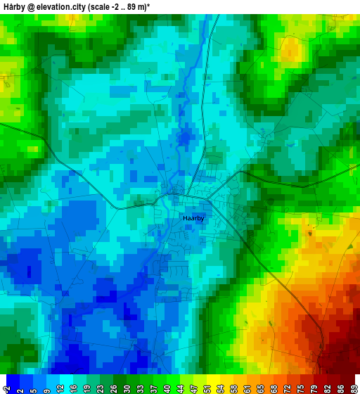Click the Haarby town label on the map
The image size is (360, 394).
point(193,218)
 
